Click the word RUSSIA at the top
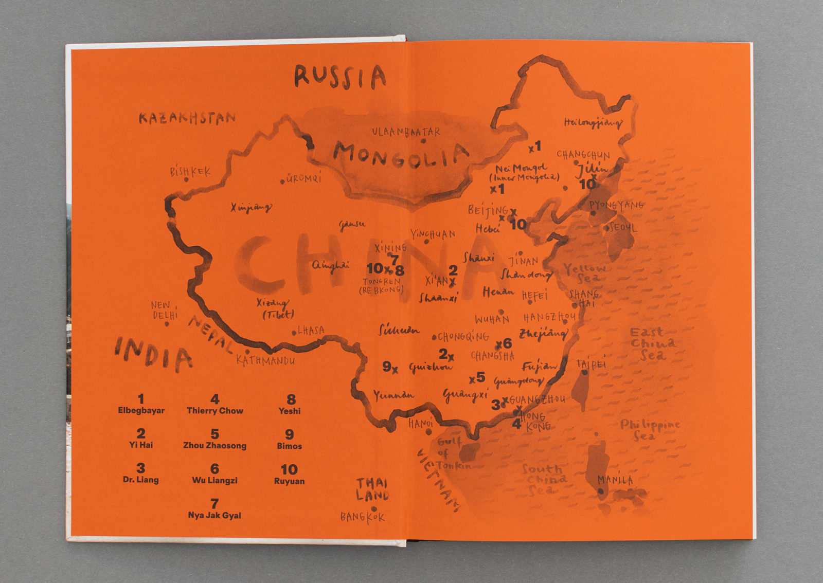[340, 77]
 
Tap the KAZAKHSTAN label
[187, 119]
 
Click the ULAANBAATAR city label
[406, 132]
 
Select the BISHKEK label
[190, 172]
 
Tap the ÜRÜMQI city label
[303, 178]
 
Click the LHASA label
[311, 330]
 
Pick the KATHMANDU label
[265, 360]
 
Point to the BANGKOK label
[362, 517]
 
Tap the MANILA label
[615, 480]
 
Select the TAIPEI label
[591, 364]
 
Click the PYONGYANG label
[616, 205]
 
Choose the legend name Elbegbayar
[141, 411]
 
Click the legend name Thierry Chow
[214, 411]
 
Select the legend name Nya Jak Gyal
[214, 515]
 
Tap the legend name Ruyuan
[289, 481]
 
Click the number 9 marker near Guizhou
[387, 367]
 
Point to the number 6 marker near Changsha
[507, 343]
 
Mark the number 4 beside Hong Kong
[516, 424]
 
